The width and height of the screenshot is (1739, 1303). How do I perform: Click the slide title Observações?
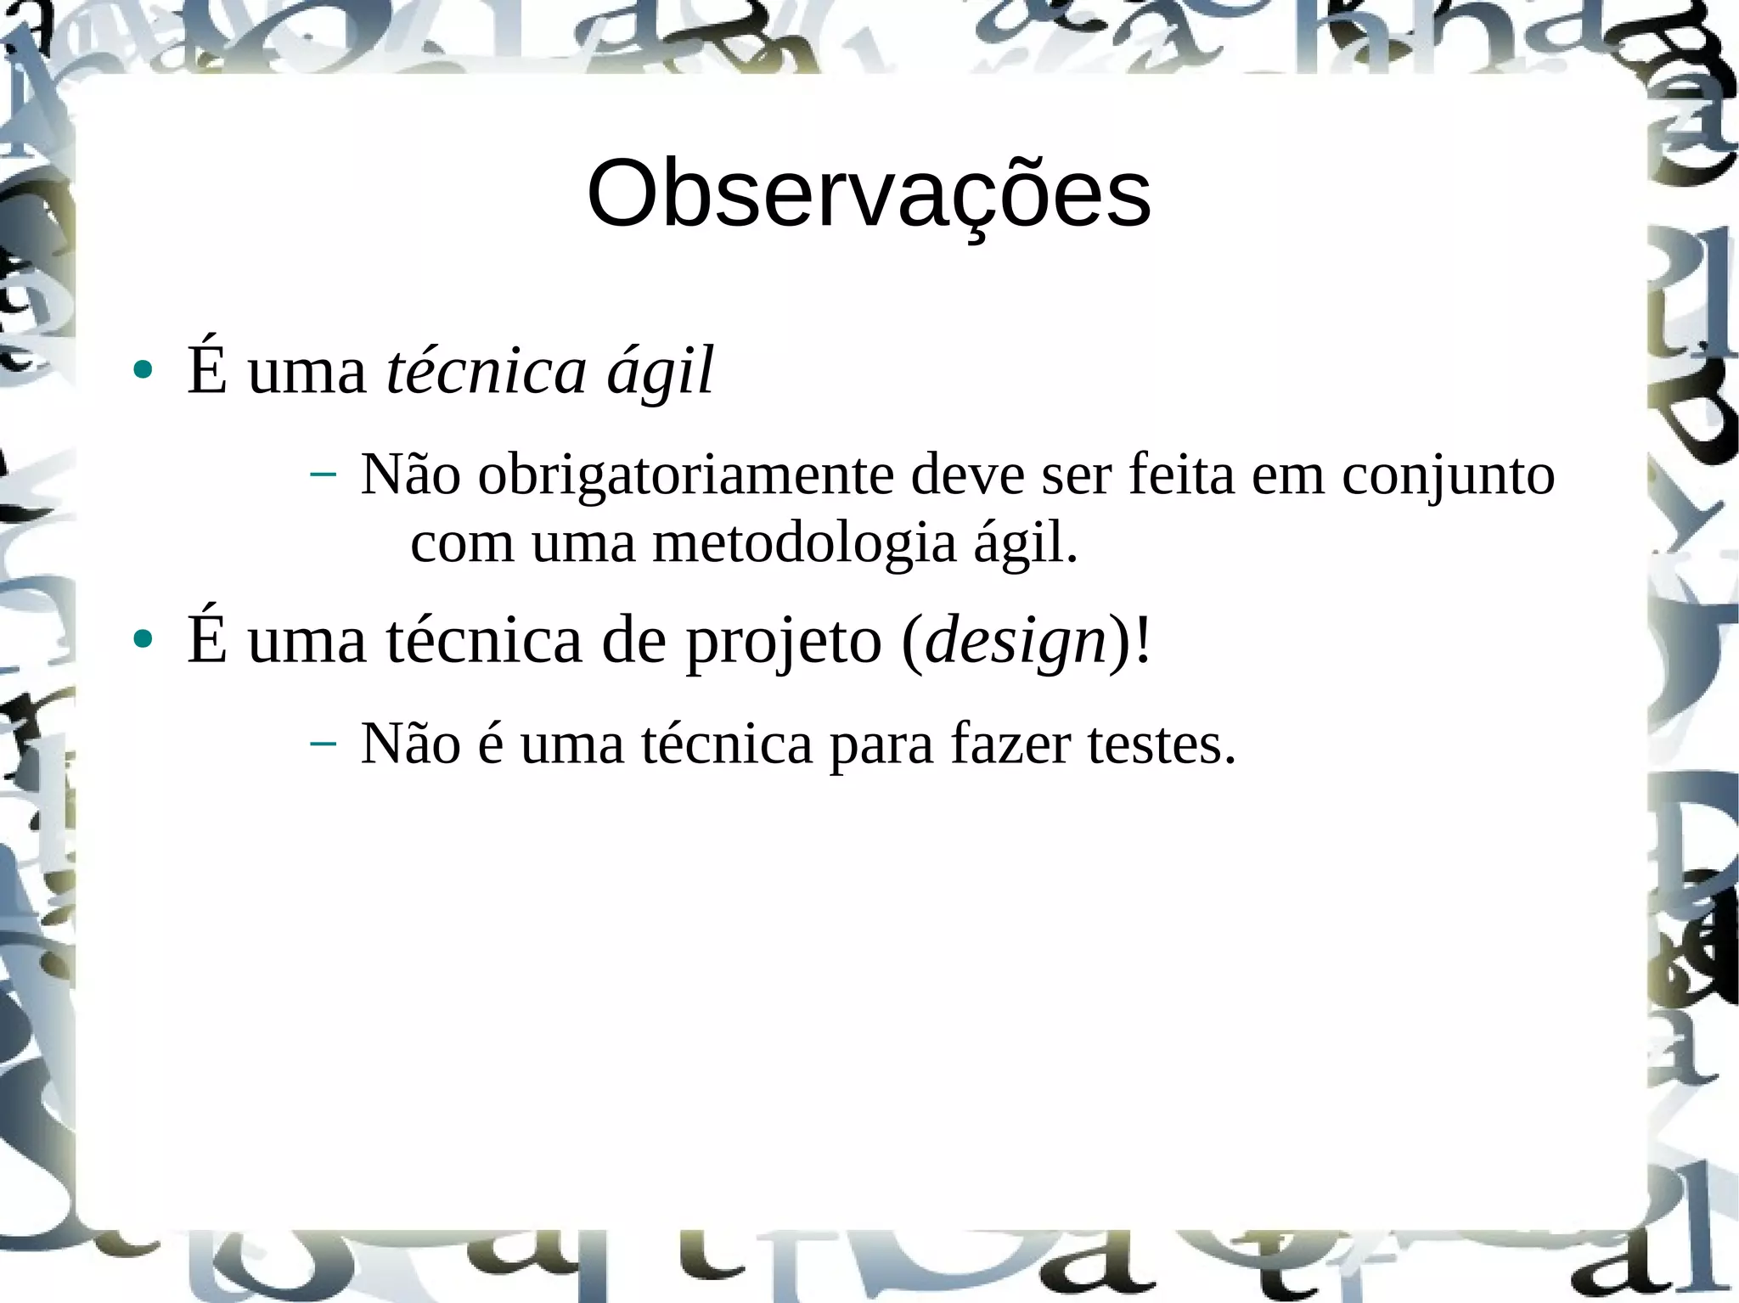click(869, 195)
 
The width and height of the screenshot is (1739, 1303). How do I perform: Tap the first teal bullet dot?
click(143, 370)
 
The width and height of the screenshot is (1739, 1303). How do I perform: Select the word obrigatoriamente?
click(685, 475)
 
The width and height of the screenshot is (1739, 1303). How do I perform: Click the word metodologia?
click(803, 543)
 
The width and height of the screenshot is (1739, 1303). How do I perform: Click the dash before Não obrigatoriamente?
click(323, 475)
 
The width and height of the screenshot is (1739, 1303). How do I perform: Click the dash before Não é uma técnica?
click(323, 744)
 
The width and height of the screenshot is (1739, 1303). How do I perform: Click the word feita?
click(1181, 475)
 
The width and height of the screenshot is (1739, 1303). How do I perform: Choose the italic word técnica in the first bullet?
click(486, 371)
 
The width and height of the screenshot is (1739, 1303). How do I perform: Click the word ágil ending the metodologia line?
click(1025, 545)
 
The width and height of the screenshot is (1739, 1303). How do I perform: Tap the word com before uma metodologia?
click(462, 545)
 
